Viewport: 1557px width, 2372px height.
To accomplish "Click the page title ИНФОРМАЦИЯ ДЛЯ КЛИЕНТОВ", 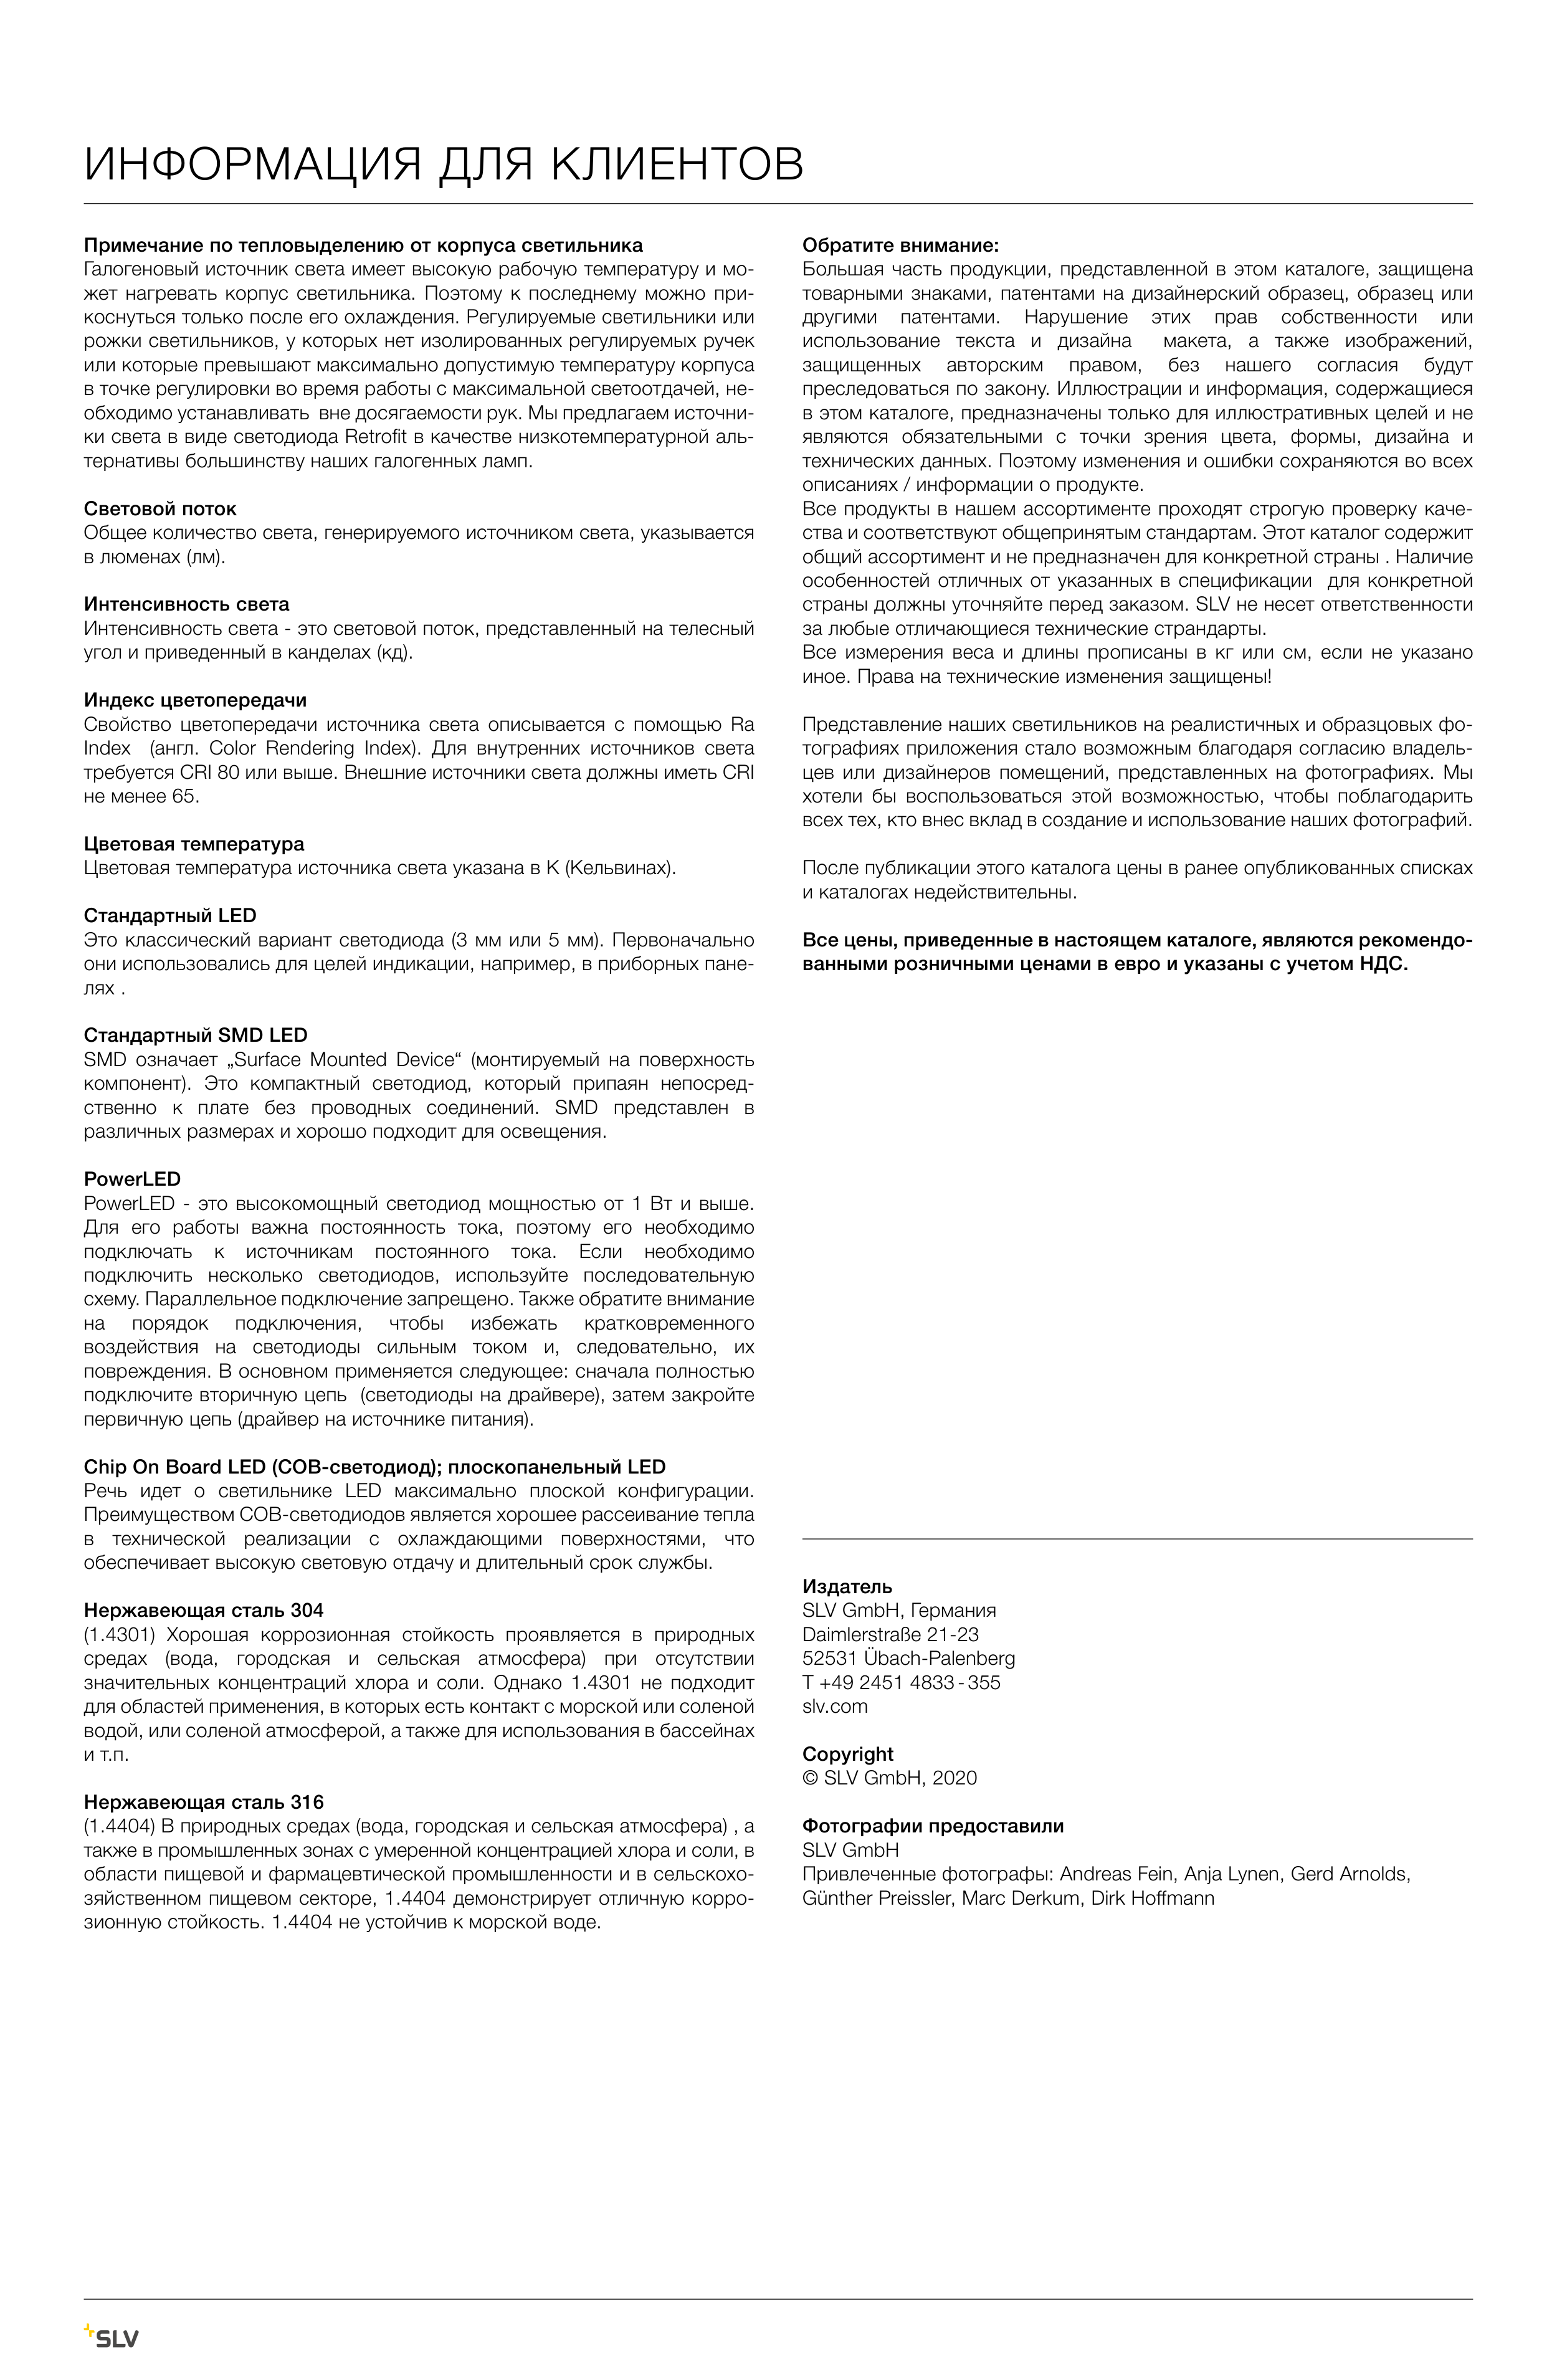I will pyautogui.click(x=444, y=164).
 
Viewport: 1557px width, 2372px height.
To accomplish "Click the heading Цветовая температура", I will pyautogui.click(x=193, y=844).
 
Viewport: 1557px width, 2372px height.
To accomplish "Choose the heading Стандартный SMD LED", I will pyautogui.click(x=196, y=1036).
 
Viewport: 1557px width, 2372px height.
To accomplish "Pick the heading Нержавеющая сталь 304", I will pyautogui.click(x=203, y=1611).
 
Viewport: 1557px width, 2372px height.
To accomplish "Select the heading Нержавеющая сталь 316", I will pyautogui.click(x=203, y=1802).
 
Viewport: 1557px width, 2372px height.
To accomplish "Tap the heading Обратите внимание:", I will pyautogui.click(x=900, y=245).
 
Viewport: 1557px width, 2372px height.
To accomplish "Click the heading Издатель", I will pyautogui.click(x=846, y=1587).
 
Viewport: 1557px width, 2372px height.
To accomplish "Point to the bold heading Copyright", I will pyautogui.click(x=847, y=1754).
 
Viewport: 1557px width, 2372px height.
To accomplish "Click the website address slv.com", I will pyautogui.click(x=834, y=1706).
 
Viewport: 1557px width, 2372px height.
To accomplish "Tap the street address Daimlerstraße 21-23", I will pyautogui.click(x=890, y=1634).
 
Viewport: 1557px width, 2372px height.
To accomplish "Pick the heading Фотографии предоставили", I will pyautogui.click(x=932, y=1826).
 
